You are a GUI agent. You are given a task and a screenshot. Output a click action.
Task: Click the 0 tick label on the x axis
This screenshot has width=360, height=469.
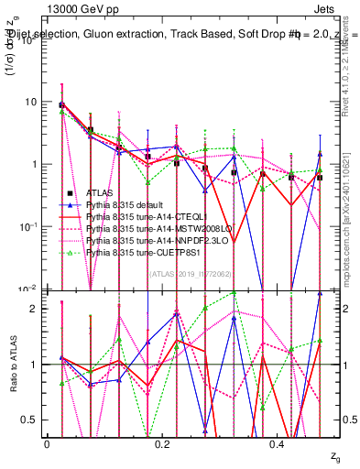(x=47, y=442)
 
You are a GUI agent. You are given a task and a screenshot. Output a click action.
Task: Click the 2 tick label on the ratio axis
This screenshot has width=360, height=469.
(x=37, y=309)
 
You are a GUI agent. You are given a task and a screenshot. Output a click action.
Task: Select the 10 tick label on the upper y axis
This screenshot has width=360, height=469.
(x=33, y=102)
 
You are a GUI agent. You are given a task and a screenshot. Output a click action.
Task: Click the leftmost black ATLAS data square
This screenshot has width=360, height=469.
(x=61, y=105)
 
